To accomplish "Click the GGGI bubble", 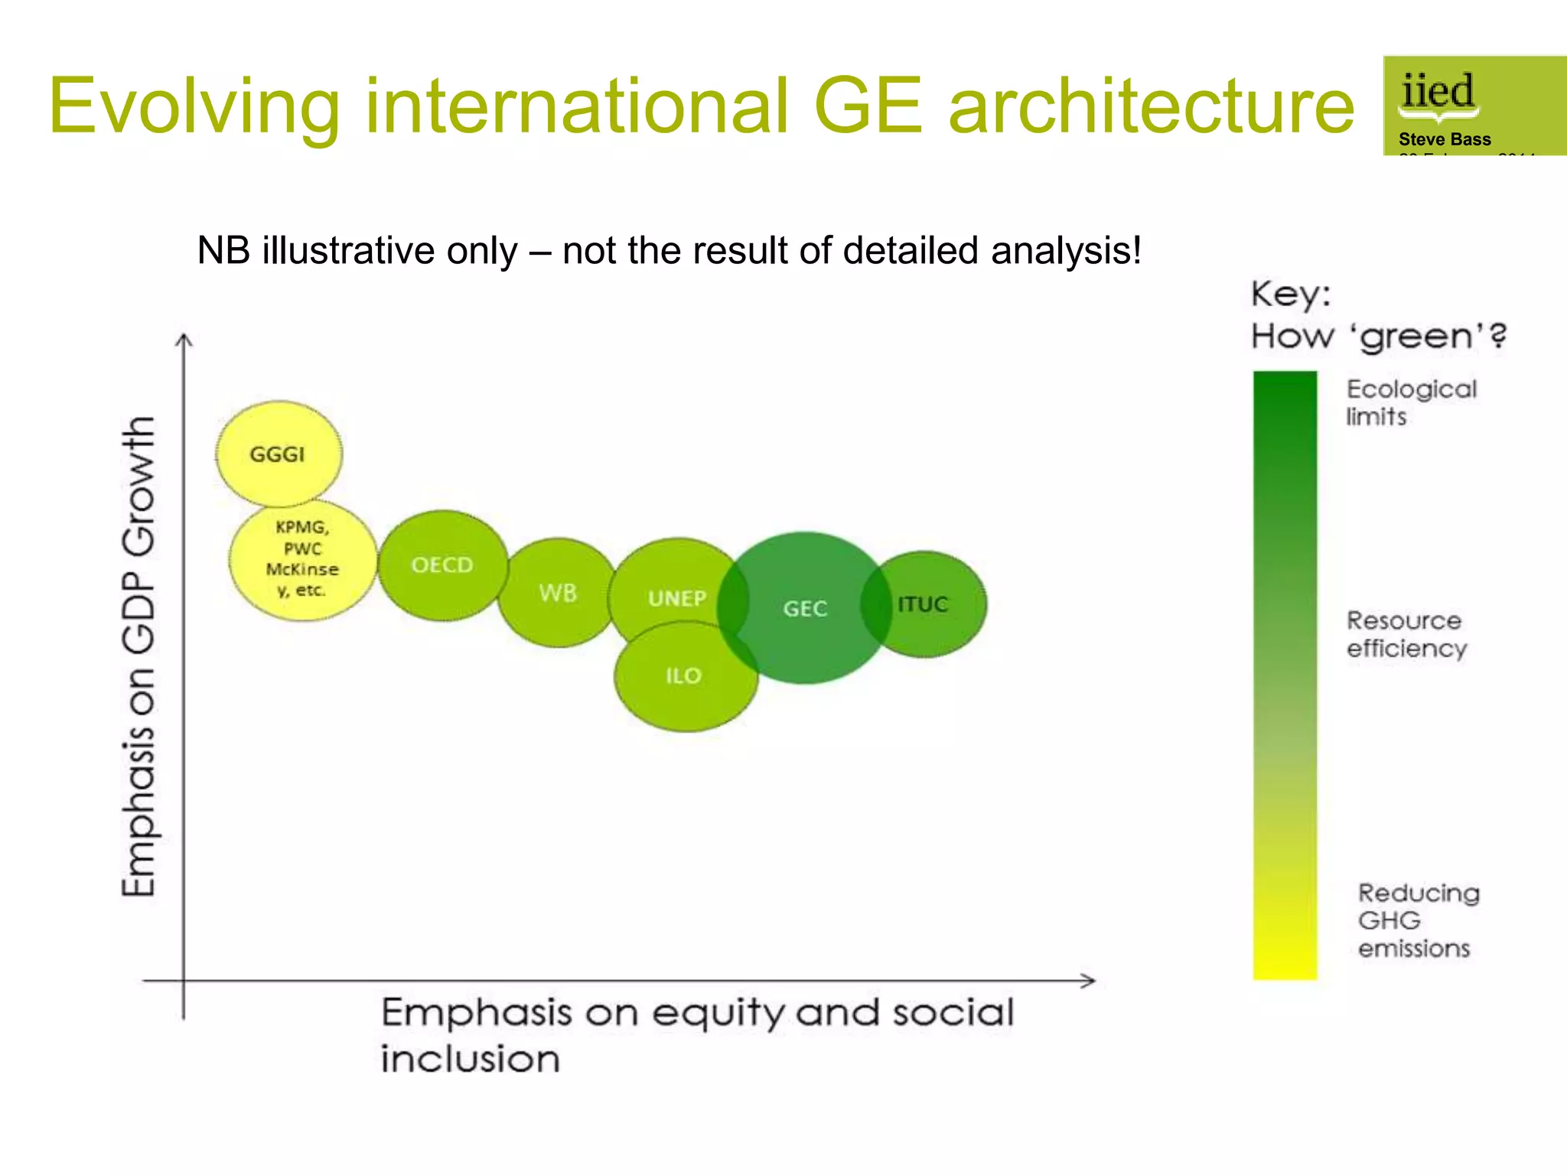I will pos(279,454).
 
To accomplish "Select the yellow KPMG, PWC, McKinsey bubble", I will pos(302,559).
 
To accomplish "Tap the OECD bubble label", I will pos(442,565).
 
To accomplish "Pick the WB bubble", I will pos(557,593).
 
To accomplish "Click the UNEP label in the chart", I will pos(677,598).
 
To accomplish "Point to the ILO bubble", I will pos(683,676).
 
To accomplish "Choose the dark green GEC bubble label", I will pos(805,609).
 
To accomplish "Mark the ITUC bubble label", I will pos(923,604).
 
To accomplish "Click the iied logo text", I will pos(1437,93).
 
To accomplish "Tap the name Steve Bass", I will pos(1445,139).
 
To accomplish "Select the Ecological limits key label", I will pos(1410,402).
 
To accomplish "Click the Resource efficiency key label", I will pos(1406,634).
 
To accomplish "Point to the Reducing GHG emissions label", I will pos(1418,920).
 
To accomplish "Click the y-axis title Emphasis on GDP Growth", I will pos(139,656).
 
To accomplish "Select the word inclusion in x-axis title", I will pos(471,1059).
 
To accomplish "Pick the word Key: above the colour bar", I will pos(1291,295).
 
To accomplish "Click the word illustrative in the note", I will pos(389,251).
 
